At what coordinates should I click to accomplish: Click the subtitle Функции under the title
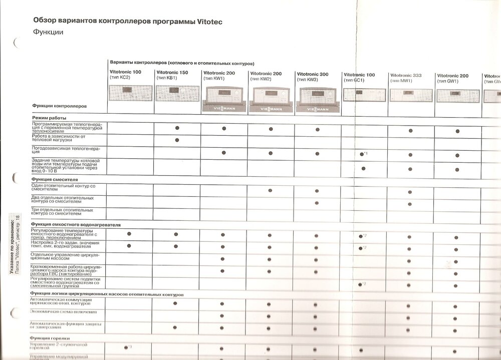(48, 32)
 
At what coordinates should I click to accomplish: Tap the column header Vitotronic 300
(313, 74)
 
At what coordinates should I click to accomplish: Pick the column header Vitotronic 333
(405, 76)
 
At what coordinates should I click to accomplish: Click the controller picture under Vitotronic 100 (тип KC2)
(130, 93)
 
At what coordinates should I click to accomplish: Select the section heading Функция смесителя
(55, 179)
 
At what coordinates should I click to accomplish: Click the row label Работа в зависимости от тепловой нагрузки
(59, 138)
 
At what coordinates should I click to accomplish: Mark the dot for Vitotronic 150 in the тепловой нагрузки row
(177, 140)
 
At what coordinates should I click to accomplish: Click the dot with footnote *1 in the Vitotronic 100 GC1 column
(362, 154)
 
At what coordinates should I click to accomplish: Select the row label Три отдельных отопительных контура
(63, 213)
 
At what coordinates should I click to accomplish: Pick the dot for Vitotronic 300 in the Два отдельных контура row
(317, 203)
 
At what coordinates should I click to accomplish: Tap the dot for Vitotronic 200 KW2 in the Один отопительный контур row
(270, 190)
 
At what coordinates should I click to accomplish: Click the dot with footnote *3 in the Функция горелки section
(125, 347)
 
